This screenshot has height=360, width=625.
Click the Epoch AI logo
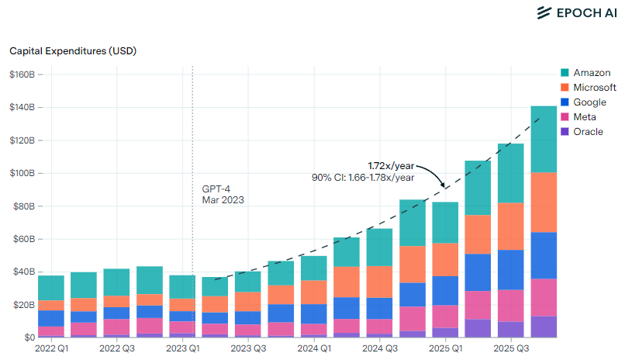576,12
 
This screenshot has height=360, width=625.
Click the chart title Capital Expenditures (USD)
72,51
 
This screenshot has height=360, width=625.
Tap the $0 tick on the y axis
27,338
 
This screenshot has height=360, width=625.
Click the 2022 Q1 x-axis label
51,350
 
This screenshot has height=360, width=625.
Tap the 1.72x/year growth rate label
391,166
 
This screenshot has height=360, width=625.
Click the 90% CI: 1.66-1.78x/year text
363,178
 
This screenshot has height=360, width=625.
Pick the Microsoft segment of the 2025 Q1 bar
444,259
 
